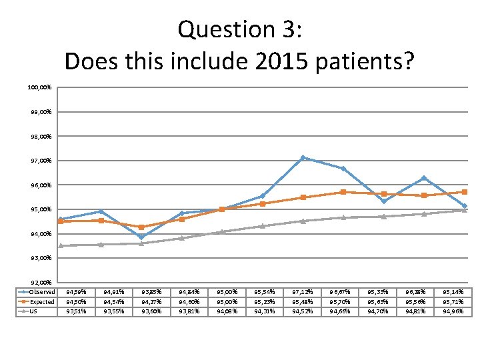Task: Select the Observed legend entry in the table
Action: coord(41,292)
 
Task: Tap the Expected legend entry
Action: coord(42,301)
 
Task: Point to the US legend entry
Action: coord(33,311)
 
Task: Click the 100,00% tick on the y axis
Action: coord(40,87)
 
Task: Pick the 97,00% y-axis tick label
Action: coord(40,161)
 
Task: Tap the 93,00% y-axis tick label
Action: coord(40,258)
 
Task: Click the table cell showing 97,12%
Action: coord(303,292)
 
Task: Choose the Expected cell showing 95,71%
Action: coord(453,301)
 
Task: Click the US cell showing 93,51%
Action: coord(75,311)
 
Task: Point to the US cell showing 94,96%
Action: coord(453,311)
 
